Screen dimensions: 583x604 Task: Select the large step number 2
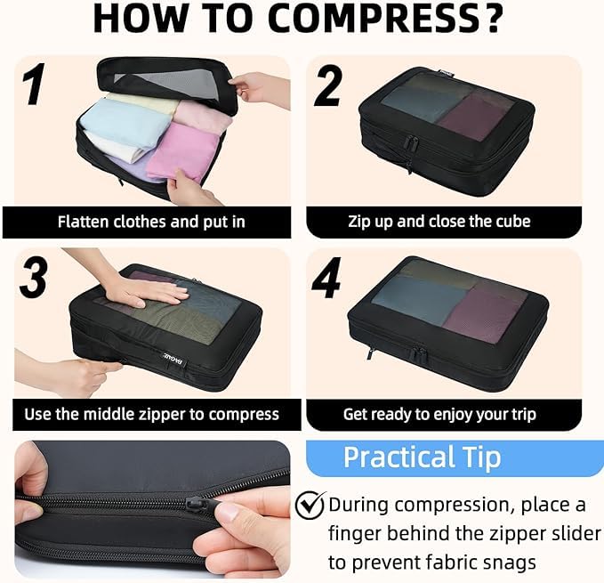click(x=328, y=86)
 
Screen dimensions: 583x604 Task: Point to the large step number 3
click(x=34, y=279)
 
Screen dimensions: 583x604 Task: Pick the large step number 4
click(x=326, y=279)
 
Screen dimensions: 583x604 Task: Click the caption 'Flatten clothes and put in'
click(x=151, y=222)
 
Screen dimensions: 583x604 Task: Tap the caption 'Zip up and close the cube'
click(x=439, y=222)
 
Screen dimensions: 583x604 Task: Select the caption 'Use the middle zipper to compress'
click(x=151, y=414)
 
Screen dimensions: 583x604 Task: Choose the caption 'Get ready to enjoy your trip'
click(x=439, y=414)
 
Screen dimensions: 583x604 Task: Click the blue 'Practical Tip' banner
click(x=423, y=457)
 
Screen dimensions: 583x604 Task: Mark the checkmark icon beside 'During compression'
click(x=310, y=506)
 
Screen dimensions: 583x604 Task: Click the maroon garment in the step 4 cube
click(x=487, y=315)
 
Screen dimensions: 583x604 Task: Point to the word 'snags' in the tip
click(x=515, y=563)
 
